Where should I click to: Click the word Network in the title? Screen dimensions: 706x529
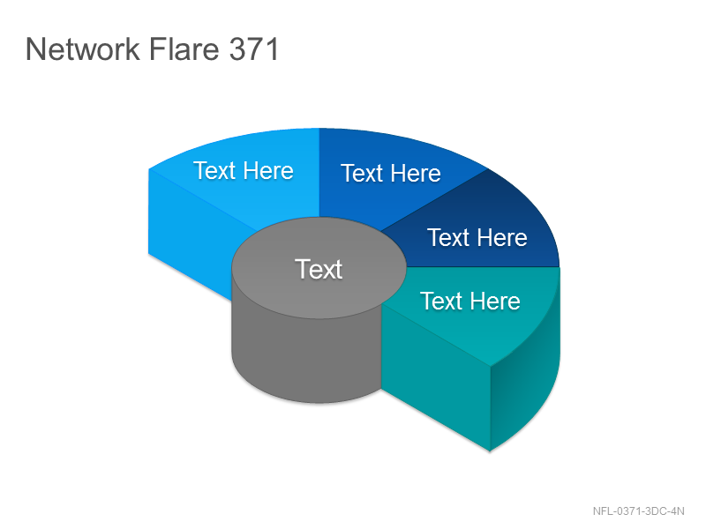[83, 48]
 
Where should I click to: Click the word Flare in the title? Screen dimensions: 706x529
[184, 48]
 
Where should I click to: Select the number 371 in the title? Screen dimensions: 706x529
[254, 48]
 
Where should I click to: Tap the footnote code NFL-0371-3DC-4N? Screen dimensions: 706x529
[638, 511]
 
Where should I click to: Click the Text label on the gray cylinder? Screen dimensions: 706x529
[319, 269]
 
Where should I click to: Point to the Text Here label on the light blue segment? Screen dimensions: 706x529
[244, 170]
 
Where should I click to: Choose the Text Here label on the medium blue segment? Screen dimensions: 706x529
[391, 173]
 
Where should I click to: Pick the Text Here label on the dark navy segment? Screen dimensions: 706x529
[477, 237]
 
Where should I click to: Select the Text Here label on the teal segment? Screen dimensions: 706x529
[470, 301]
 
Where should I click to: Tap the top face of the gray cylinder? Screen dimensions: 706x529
[319, 268]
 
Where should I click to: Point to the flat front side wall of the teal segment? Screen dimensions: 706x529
[436, 378]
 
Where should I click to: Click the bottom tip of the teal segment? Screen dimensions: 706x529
[490, 451]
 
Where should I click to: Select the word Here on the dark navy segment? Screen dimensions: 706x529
[502, 237]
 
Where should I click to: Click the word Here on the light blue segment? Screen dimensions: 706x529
[268, 170]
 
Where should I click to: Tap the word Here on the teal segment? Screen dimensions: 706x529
[495, 301]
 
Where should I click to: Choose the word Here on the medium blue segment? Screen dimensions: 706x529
[416, 173]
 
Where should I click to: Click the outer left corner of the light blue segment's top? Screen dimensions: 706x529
[149, 169]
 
